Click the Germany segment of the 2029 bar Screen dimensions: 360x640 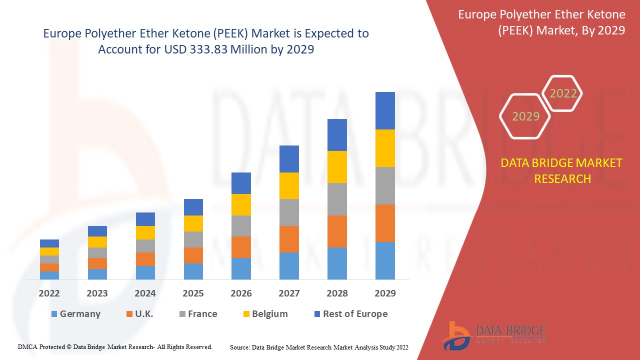point(385,260)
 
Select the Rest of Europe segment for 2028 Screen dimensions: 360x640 point(337,135)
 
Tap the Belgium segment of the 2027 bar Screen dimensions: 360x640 point(289,185)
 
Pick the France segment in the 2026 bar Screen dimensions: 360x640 point(241,226)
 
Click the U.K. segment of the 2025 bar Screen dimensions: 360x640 point(193,255)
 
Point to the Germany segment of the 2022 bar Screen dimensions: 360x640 point(49,275)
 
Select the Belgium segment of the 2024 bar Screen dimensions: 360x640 point(145,232)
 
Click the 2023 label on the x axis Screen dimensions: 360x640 point(97,293)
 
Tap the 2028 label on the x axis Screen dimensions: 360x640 point(337,293)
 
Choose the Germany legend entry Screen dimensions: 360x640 point(75,314)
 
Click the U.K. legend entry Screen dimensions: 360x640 point(139,314)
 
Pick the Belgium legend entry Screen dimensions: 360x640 point(265,314)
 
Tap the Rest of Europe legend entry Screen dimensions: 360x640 point(350,314)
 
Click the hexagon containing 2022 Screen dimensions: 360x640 point(563,93)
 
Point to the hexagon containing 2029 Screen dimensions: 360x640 point(525,116)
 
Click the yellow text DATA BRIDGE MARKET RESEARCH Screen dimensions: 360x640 point(562,170)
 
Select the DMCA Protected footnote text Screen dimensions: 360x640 point(115,346)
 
